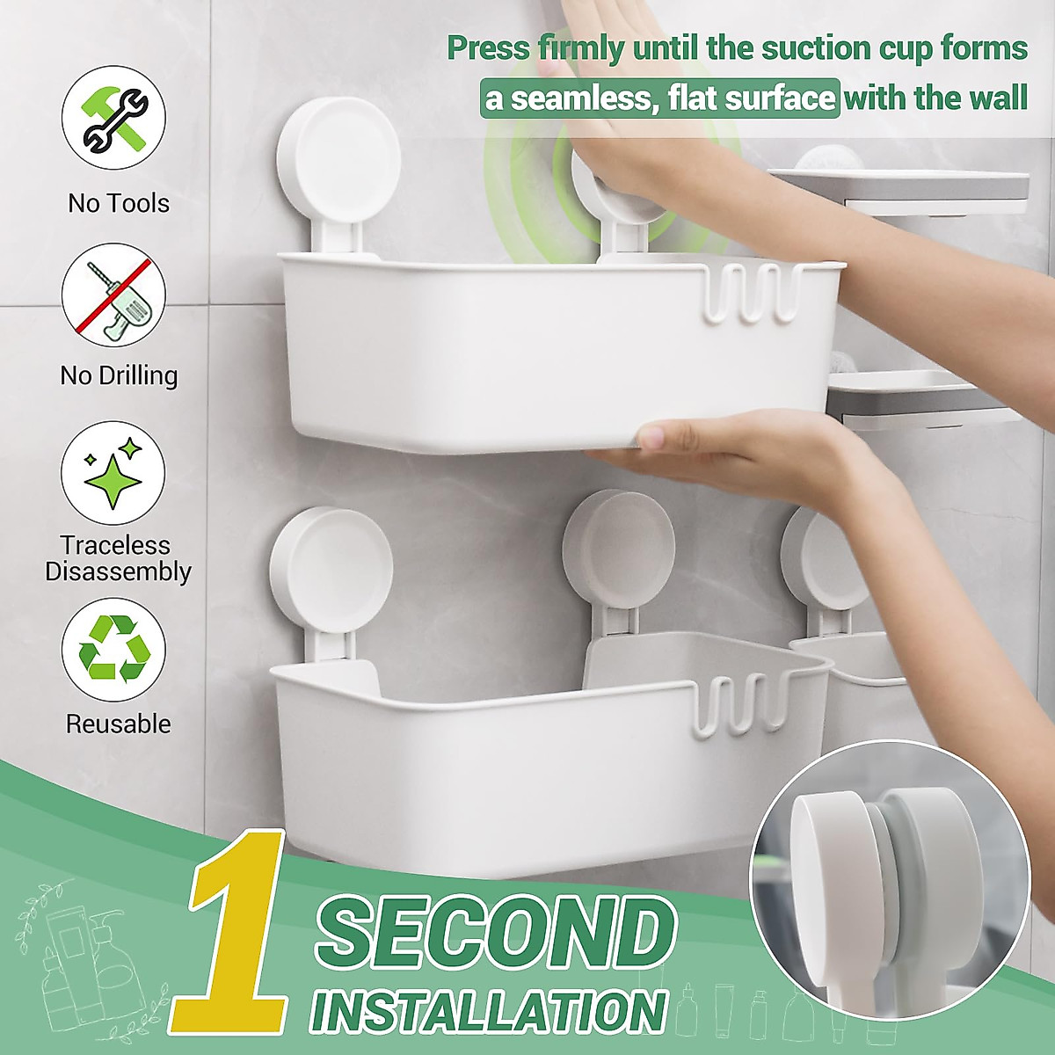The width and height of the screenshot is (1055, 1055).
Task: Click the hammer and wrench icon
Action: pyautogui.click(x=113, y=118)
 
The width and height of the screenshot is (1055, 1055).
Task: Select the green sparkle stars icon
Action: pyautogui.click(x=113, y=473)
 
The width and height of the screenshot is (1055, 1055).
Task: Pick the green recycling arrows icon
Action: pyautogui.click(x=113, y=650)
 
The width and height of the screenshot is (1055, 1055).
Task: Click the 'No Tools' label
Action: pyautogui.click(x=119, y=203)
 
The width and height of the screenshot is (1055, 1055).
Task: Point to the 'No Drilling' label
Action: pyautogui.click(x=119, y=375)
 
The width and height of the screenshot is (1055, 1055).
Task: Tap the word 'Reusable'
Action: pyautogui.click(x=119, y=724)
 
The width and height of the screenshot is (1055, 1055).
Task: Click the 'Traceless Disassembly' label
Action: pyautogui.click(x=119, y=558)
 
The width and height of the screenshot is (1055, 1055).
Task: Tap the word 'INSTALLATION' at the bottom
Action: pyautogui.click(x=489, y=1010)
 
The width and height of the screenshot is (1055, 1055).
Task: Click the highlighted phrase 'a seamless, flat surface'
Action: pyautogui.click(x=660, y=98)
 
